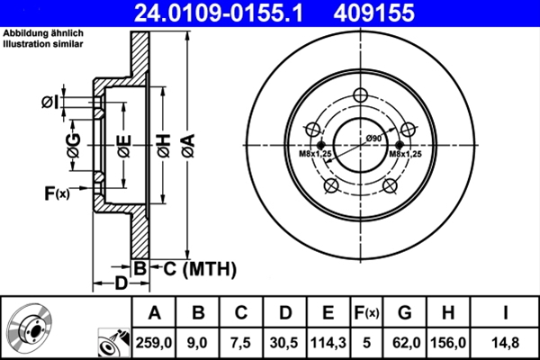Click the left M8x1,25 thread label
click(x=316, y=155)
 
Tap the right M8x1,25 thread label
click(x=407, y=155)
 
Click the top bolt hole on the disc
click(x=361, y=96)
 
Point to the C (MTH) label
click(x=193, y=268)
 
